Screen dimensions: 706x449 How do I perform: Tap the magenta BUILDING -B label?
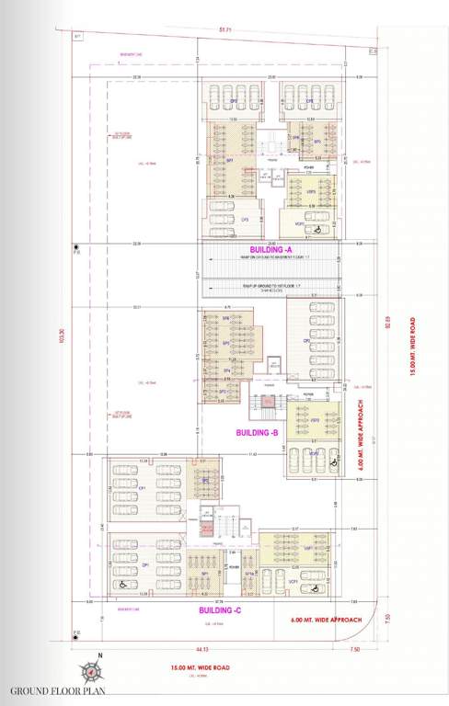258,432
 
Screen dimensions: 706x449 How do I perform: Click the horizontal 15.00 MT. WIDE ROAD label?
194,667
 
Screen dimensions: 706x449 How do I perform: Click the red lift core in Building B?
267,404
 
